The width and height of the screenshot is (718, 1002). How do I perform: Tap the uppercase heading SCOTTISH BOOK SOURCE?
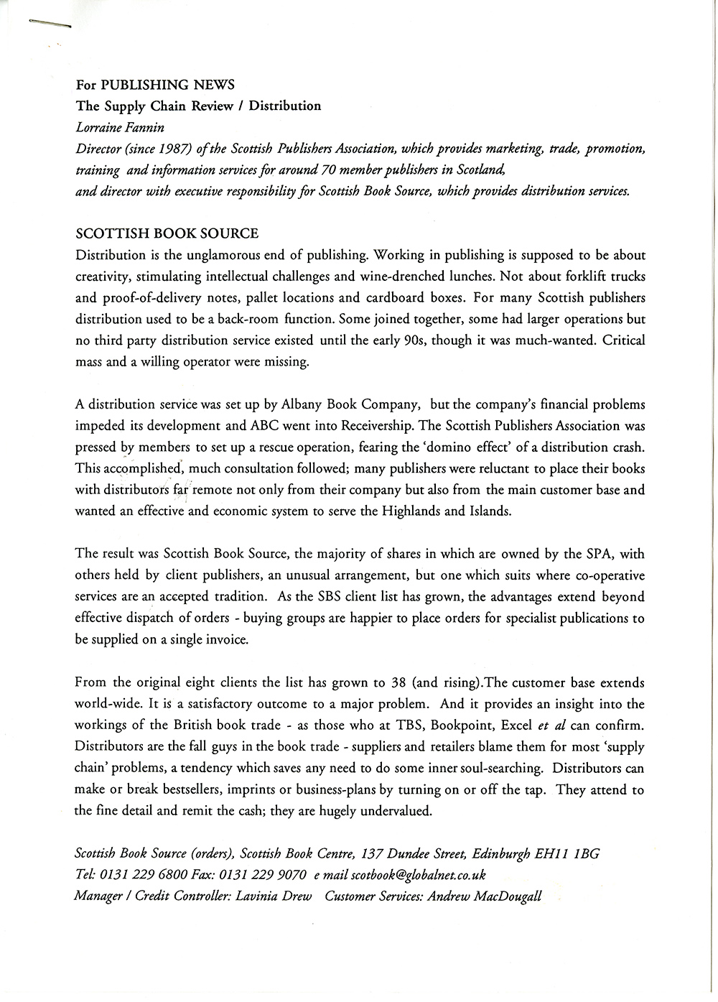tap(167, 233)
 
